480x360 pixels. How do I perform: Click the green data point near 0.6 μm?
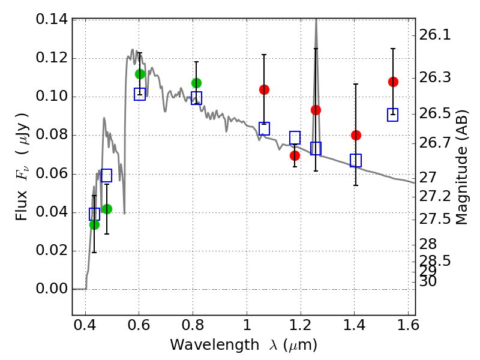point(140,74)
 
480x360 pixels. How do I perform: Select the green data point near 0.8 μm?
point(196,83)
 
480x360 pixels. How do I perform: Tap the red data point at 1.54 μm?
point(393,82)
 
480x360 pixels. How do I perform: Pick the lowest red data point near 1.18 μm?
point(295,155)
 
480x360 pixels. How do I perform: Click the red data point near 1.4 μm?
point(356,135)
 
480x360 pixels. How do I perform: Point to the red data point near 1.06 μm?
point(264,89)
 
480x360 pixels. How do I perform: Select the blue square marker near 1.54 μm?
point(393,115)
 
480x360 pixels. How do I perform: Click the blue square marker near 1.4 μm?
point(356,160)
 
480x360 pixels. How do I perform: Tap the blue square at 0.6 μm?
point(140,94)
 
